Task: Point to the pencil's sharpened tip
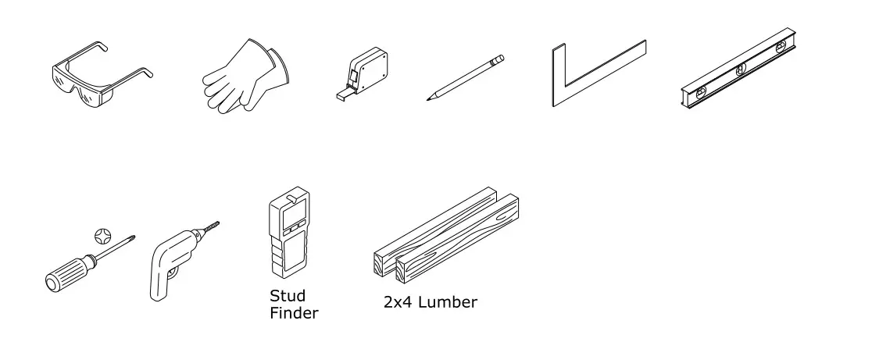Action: click(428, 98)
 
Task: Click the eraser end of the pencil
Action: click(500, 58)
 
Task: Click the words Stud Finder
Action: click(293, 305)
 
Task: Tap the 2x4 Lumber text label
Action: click(430, 302)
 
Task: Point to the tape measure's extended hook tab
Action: click(342, 96)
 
